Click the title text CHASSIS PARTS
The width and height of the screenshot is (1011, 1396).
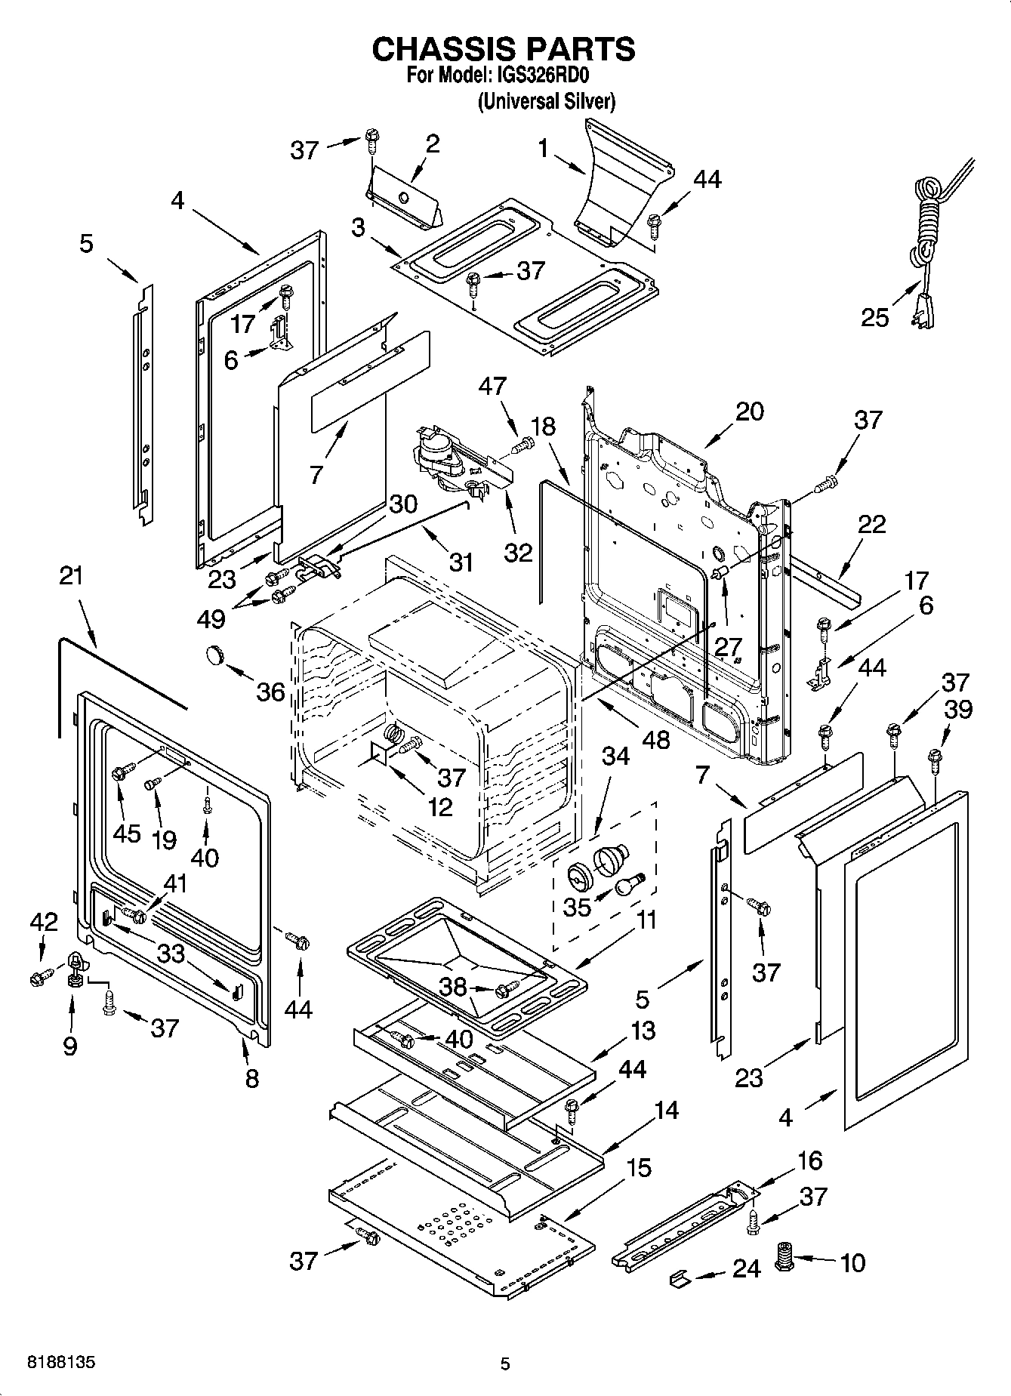tap(504, 49)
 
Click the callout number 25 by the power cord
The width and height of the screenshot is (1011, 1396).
tap(875, 317)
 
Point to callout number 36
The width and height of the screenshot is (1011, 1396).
tap(270, 692)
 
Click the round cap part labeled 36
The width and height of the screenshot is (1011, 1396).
tap(216, 654)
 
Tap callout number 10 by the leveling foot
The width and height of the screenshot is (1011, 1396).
tap(852, 1262)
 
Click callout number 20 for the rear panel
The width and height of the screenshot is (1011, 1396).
tap(749, 411)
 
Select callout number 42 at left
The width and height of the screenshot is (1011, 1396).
tap(43, 922)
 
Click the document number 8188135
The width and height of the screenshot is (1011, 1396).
tap(61, 1363)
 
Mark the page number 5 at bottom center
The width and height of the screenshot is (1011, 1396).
tap(505, 1364)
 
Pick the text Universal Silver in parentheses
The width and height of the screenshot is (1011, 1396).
tap(546, 100)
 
